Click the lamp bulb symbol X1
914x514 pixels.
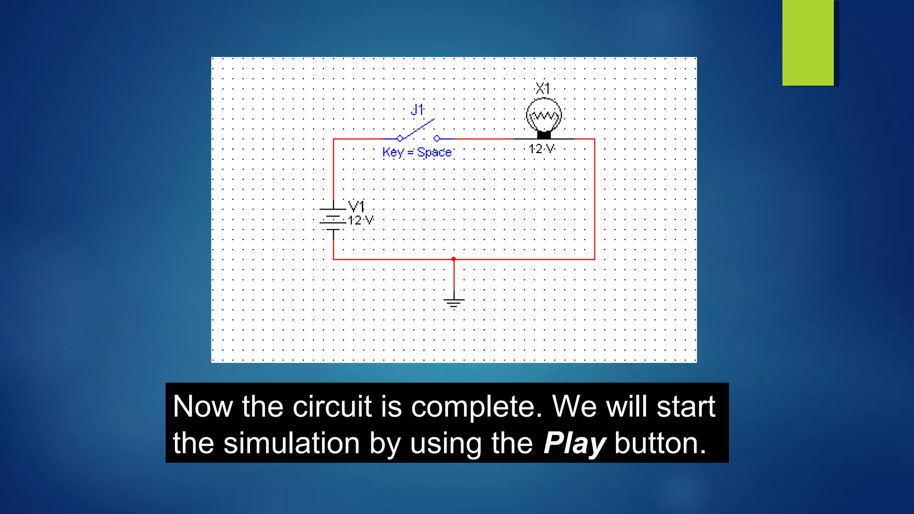pos(544,115)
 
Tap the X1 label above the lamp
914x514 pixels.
pos(543,88)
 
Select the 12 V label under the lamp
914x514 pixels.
pos(542,149)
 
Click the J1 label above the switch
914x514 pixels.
pos(417,110)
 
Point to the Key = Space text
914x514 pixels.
pos(417,152)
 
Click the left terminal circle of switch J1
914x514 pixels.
pos(400,138)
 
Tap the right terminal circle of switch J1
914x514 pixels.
pos(437,138)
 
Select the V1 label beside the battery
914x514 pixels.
pos(356,206)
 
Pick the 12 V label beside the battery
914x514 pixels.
pos(361,220)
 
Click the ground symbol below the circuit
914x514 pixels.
pos(454,303)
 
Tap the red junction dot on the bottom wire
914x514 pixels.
pos(453,259)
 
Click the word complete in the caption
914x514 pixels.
pos(476,406)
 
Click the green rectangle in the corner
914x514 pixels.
pos(808,43)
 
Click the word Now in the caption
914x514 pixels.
pos(203,406)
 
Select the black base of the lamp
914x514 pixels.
pos(544,134)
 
